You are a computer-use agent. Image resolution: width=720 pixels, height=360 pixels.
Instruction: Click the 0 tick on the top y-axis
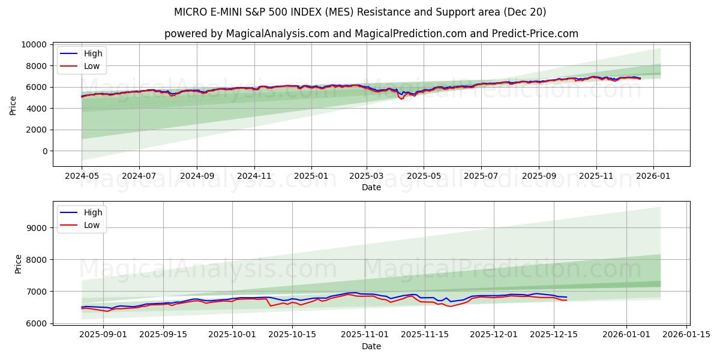tap(44, 151)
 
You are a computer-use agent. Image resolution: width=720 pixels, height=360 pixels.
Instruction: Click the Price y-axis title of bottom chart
tap(19, 263)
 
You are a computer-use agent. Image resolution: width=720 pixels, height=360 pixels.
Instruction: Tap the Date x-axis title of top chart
tap(371, 188)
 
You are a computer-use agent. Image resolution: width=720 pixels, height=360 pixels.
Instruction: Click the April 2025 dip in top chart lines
tap(401, 98)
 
